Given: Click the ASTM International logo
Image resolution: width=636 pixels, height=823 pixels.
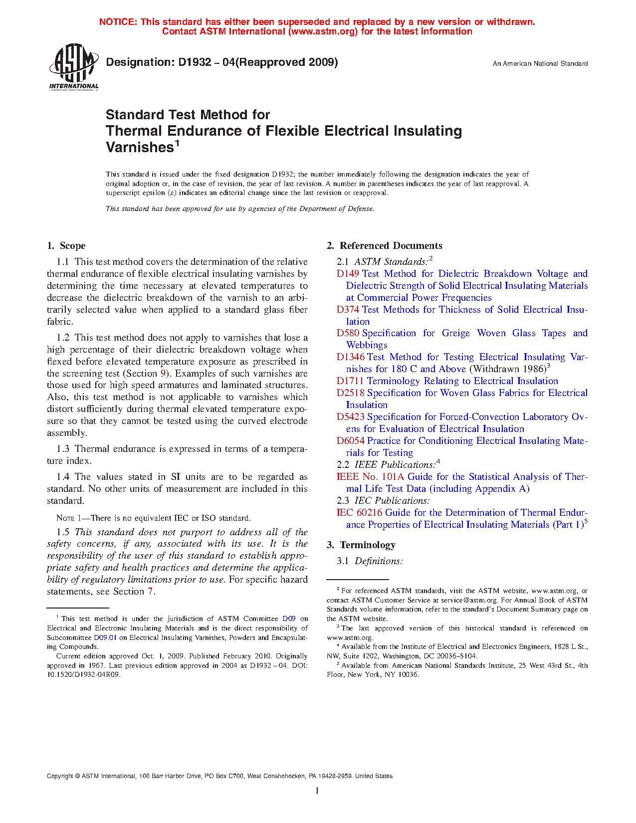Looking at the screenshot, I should tap(74, 66).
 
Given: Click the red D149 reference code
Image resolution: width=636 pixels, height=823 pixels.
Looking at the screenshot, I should tap(348, 274).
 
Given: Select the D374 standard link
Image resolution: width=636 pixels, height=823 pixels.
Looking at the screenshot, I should tap(348, 310).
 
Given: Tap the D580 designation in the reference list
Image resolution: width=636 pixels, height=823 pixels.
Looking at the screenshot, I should tap(348, 333).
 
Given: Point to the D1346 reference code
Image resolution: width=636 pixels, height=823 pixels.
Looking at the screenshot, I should tap(350, 357).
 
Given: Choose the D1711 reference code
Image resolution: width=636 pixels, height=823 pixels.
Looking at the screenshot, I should tap(350, 381).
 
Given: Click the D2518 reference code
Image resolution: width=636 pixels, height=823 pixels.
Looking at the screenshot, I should tap(350, 393).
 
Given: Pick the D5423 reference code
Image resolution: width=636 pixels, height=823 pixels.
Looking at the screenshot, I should tap(350, 417).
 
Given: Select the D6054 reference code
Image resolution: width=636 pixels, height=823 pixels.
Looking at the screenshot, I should tap(350, 441).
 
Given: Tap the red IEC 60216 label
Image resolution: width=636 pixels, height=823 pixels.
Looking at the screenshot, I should tap(359, 513).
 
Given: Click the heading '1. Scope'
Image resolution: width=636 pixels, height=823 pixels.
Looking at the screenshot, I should tap(66, 246).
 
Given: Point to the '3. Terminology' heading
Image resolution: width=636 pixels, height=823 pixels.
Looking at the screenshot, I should tap(361, 545).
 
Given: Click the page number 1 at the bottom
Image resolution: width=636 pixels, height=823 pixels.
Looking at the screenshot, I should tap(317, 791).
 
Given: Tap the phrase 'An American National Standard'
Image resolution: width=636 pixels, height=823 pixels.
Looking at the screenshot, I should tap(540, 64).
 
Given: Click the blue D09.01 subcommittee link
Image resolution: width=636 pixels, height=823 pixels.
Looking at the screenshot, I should tap(105, 637).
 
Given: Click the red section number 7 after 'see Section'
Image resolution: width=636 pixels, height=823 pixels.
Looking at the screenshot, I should tap(150, 592).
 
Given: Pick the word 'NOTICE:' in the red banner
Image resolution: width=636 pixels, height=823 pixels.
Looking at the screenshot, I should tap(118, 22).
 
